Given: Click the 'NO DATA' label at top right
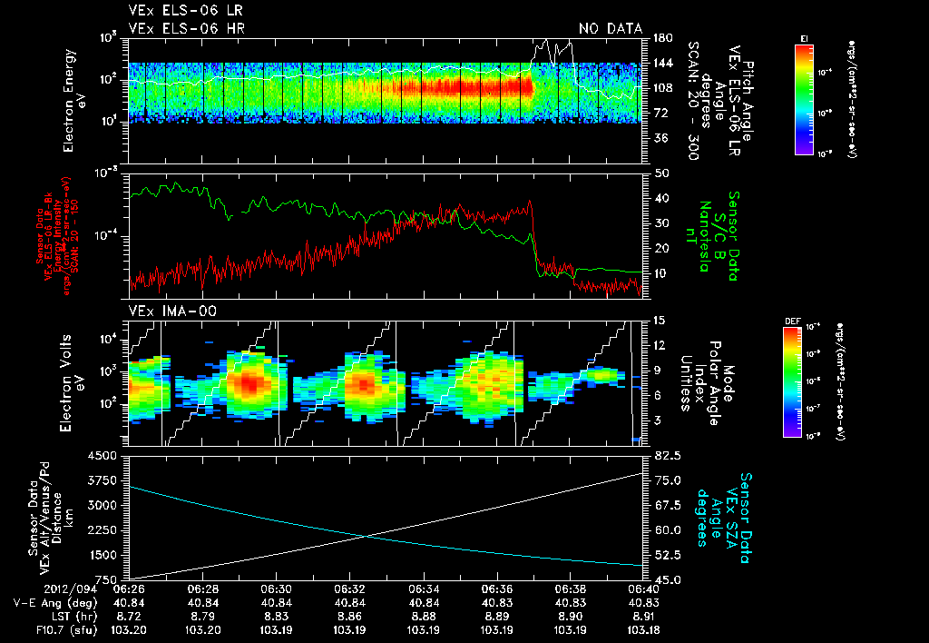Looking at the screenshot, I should coord(611,28).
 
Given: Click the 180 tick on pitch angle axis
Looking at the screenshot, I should coord(660,38).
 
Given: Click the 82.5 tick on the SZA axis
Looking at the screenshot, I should coord(665,455).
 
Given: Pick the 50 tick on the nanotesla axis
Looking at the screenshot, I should coord(660,173).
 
